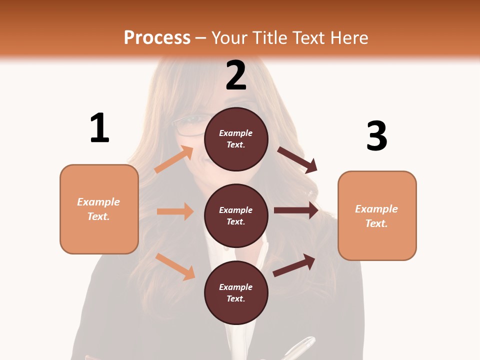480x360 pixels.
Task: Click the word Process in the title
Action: tap(157, 38)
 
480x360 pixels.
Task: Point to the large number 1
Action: tap(99, 128)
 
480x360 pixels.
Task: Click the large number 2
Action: tap(236, 75)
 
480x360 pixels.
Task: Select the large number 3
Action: tap(376, 136)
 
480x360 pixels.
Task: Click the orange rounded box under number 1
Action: tap(99, 209)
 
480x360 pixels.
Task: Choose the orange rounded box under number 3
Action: tap(377, 215)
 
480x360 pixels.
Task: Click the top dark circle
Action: tap(236, 139)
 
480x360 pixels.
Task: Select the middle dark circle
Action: tap(236, 215)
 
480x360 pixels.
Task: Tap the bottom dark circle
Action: tap(236, 292)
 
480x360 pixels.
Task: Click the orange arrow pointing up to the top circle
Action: tap(174, 159)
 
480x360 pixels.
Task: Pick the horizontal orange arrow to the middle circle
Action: tap(175, 211)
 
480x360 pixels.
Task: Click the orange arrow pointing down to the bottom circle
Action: tap(175, 266)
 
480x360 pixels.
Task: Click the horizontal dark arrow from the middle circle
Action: tap(296, 210)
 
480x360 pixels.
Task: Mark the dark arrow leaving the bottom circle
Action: tap(294, 265)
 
